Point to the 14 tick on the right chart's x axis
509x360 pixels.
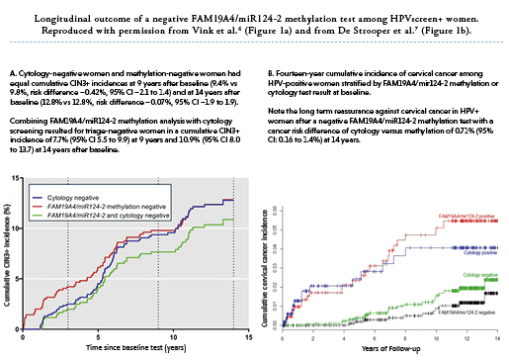pos(494,337)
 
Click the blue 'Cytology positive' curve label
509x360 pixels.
pos(476,253)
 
